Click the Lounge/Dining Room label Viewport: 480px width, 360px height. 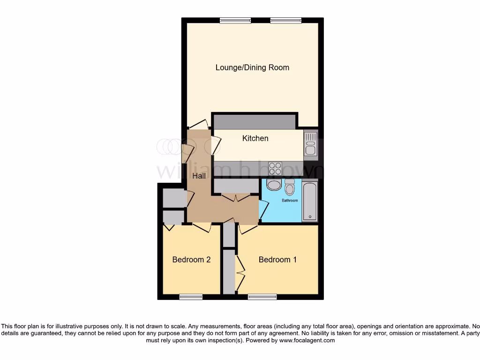252,67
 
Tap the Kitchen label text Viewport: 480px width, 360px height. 255,138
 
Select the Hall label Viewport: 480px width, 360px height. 199,176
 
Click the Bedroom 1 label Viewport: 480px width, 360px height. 277,260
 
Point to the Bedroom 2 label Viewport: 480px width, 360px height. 191,260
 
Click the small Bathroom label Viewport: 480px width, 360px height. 289,201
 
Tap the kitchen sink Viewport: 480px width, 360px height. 310,143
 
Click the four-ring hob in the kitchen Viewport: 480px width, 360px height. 275,168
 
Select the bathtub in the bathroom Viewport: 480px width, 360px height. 310,202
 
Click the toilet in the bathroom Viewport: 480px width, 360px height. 290,187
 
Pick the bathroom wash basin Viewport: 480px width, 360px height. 272,184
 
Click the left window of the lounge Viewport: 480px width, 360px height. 235,20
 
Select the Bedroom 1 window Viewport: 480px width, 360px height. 262,296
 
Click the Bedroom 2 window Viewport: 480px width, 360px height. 191,296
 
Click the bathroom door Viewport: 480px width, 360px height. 263,207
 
